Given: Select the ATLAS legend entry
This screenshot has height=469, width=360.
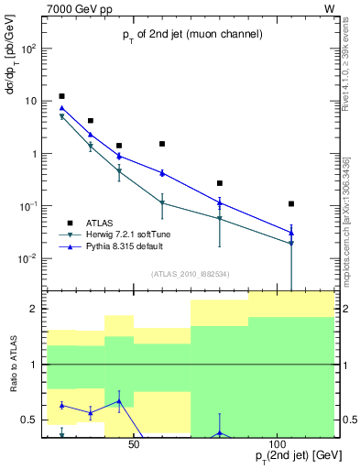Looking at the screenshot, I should coord(101,223).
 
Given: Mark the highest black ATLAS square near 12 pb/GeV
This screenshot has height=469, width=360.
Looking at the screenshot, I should coord(61,96).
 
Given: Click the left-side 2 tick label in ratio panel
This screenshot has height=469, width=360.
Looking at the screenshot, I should coord(32,309).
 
